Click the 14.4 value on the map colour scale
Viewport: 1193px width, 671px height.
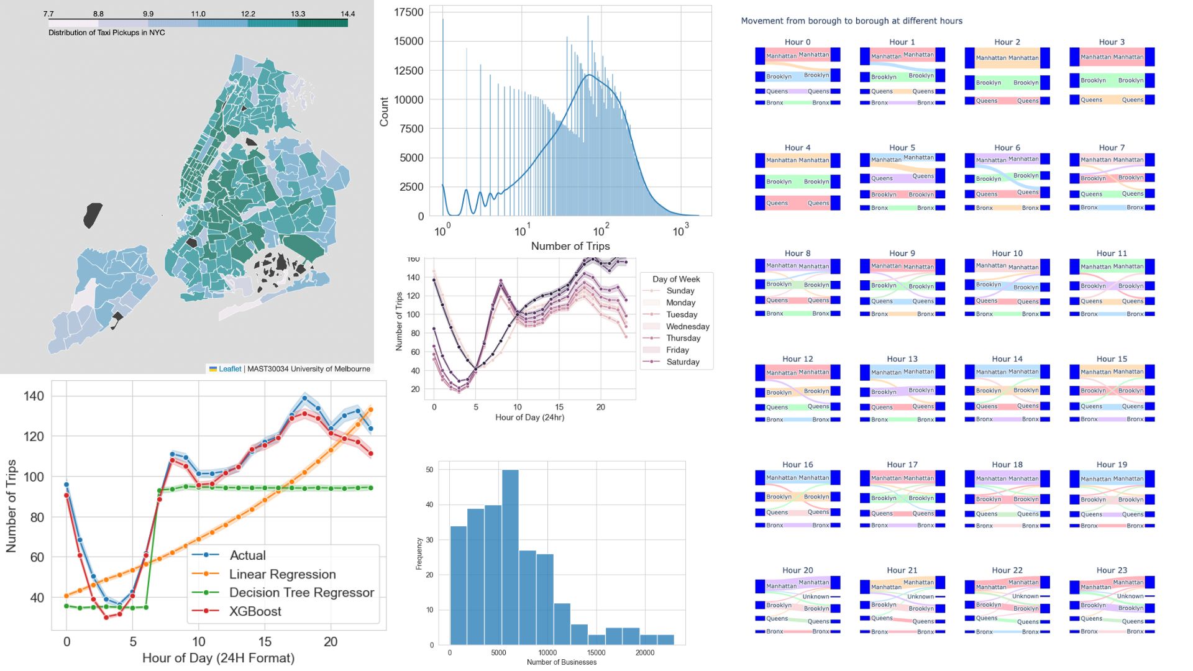click(347, 14)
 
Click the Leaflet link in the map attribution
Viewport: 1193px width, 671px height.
click(229, 369)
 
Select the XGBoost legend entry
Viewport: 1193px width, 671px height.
click(255, 611)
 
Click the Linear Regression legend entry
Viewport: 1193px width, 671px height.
click(282, 574)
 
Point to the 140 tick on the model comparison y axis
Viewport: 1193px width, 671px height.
click(34, 396)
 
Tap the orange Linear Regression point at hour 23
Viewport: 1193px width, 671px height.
click(371, 409)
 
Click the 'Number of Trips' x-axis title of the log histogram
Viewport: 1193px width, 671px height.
click(570, 246)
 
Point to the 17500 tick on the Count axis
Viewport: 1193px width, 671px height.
click(408, 12)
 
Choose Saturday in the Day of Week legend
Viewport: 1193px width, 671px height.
click(682, 362)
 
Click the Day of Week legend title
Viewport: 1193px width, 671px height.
click(676, 279)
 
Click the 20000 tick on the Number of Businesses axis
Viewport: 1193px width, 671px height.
click(644, 653)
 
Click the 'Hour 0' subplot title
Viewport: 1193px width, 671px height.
click(797, 42)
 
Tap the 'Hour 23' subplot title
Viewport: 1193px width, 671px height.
click(1112, 570)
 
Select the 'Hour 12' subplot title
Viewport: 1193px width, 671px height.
click(797, 359)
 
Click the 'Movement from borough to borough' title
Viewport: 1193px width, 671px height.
click(851, 21)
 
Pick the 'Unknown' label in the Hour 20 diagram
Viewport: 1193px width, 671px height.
click(815, 596)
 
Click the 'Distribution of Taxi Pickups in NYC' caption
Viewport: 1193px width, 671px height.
click(107, 32)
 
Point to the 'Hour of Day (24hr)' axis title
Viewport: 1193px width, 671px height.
click(529, 418)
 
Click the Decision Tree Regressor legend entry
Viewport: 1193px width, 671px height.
click(301, 593)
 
